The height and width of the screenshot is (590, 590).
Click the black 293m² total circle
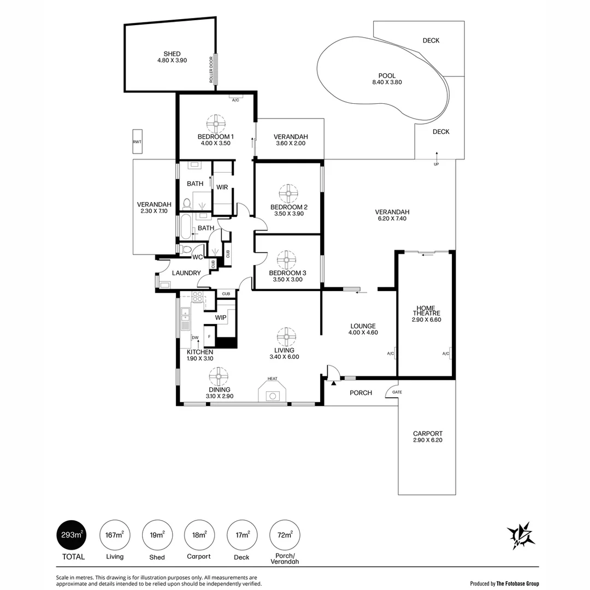pyautogui.click(x=72, y=535)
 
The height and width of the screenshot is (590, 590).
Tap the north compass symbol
pyautogui.click(x=521, y=536)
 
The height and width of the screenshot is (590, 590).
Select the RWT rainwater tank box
pyautogui.click(x=137, y=141)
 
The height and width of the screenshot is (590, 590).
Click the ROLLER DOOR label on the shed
pyautogui.click(x=211, y=70)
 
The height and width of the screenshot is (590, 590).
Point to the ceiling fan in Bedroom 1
pyautogui.click(x=216, y=124)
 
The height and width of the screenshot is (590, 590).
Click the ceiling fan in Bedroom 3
pyautogui.click(x=286, y=260)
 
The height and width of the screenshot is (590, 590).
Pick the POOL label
pyautogui.click(x=387, y=75)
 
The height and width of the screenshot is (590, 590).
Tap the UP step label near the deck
pyautogui.click(x=436, y=164)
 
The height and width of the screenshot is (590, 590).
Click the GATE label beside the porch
pyautogui.click(x=397, y=392)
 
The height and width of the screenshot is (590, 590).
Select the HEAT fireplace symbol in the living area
pyautogui.click(x=272, y=391)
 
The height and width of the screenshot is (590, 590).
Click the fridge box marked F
pyautogui.click(x=209, y=336)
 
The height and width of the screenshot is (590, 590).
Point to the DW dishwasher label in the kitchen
pyautogui.click(x=195, y=338)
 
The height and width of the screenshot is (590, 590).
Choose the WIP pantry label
pyautogui.click(x=221, y=317)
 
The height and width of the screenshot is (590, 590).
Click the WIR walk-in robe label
pyautogui.click(x=222, y=187)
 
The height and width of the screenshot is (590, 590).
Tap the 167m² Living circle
pyautogui.click(x=115, y=535)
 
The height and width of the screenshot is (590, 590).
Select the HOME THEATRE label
pyautogui.click(x=426, y=310)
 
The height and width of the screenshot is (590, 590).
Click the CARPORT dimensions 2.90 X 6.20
pyautogui.click(x=427, y=440)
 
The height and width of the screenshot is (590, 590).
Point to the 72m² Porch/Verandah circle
pyautogui.click(x=285, y=535)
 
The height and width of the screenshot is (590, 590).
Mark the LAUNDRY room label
pyautogui.click(x=186, y=273)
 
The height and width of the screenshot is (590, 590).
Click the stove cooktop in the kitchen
pyautogui.click(x=198, y=297)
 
